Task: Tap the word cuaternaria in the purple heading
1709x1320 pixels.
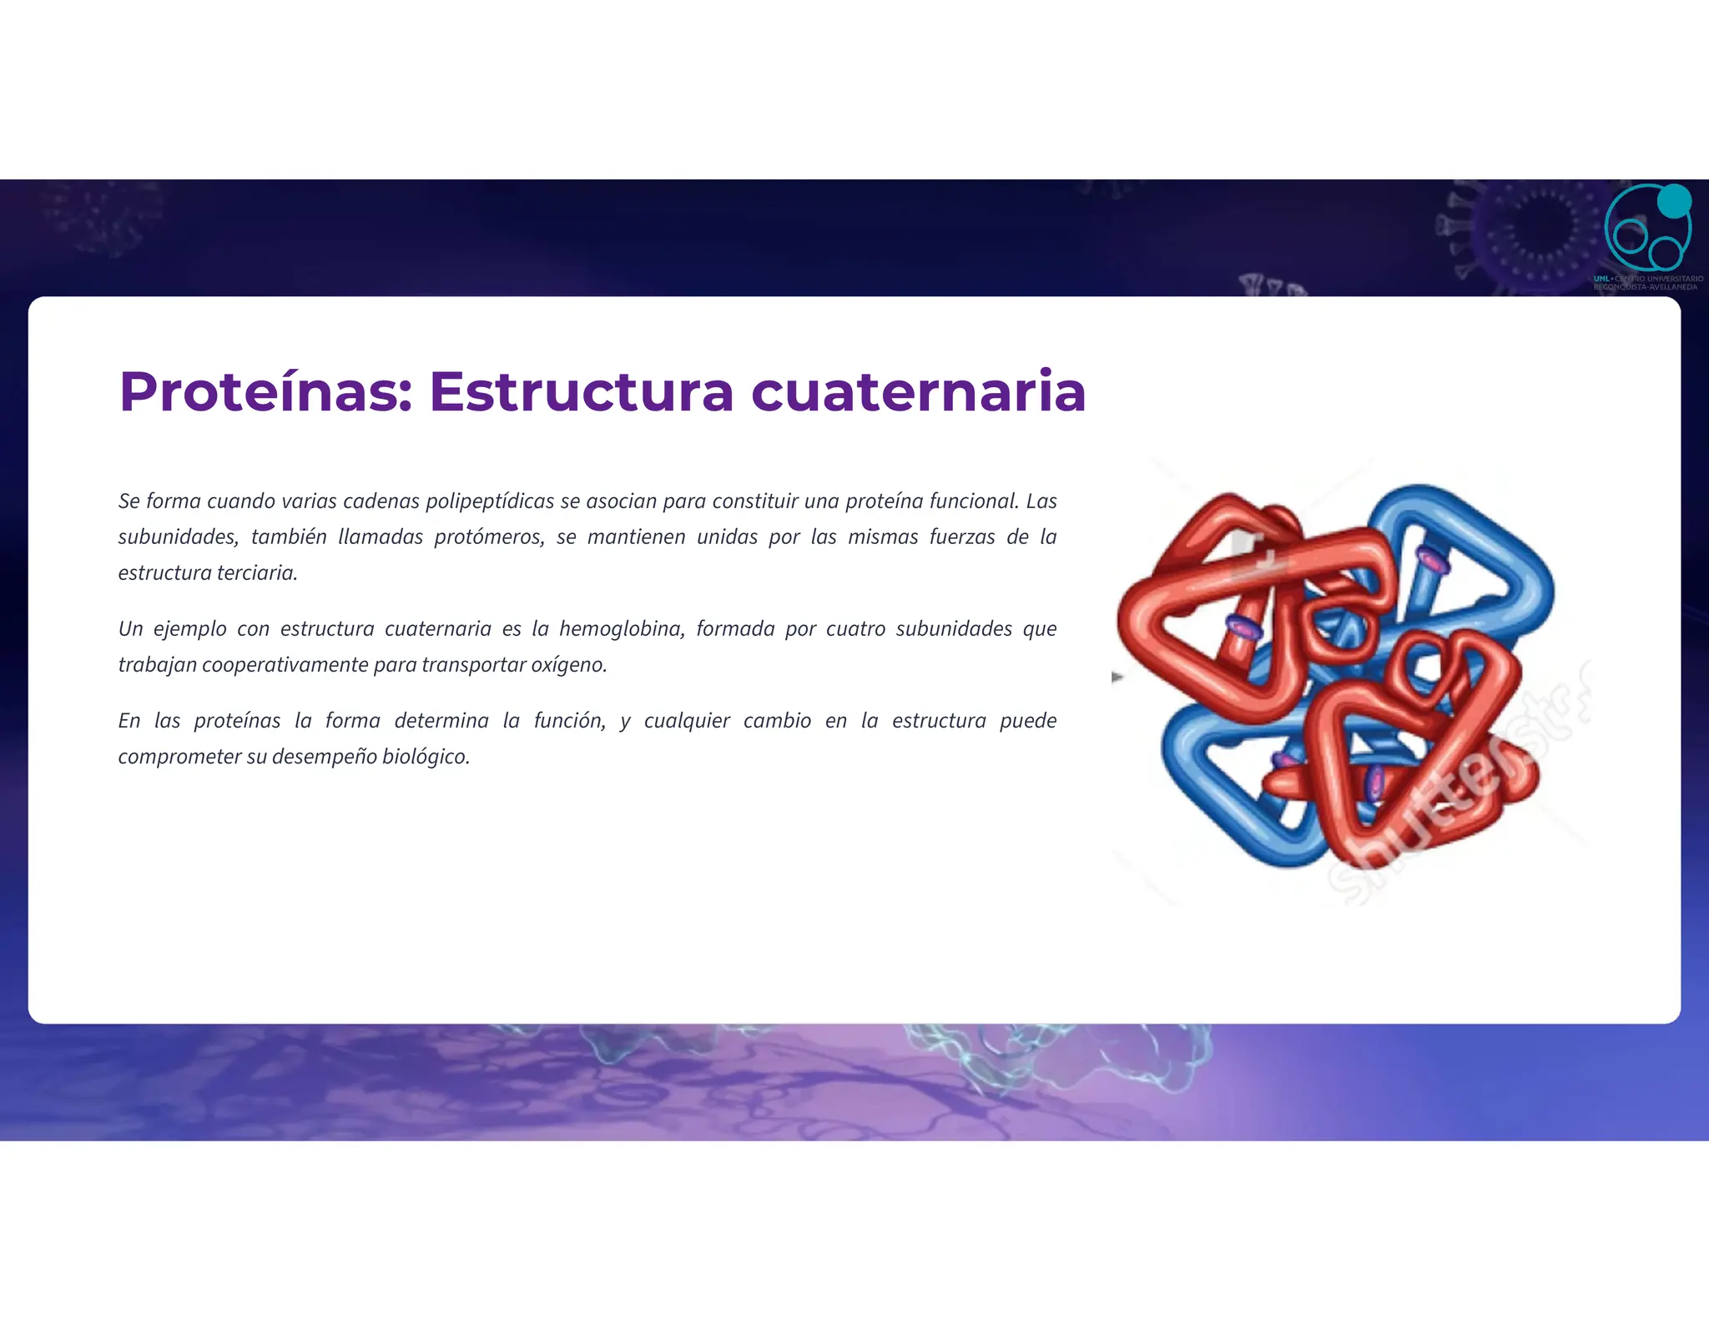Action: tap(918, 392)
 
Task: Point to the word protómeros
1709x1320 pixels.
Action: tap(489, 537)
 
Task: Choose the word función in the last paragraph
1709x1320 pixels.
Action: tap(569, 721)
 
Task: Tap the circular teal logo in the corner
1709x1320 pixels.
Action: tap(1646, 230)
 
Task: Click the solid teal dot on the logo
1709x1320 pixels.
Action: tap(1673, 201)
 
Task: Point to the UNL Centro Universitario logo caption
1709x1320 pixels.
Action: tap(1647, 283)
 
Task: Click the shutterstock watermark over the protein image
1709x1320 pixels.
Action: tap(1452, 793)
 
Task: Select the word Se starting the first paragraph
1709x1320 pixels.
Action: tap(129, 501)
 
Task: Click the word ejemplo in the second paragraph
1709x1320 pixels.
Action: tap(189, 629)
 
